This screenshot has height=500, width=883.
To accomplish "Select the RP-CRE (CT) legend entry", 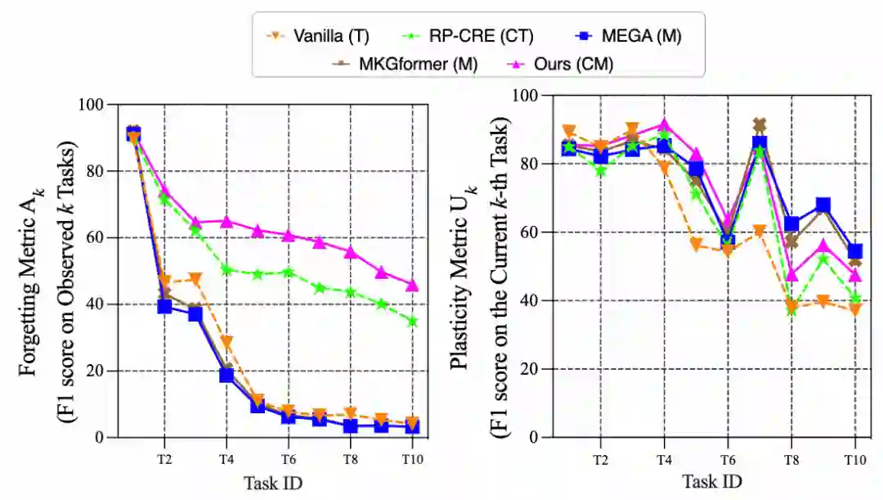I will coord(483,35).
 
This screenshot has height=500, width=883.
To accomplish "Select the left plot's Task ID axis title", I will coord(273,483).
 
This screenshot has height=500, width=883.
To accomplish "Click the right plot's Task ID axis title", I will coord(712,483).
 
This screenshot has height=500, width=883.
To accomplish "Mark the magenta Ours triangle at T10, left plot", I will coord(412,285).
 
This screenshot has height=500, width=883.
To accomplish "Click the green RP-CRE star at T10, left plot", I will coord(412,322).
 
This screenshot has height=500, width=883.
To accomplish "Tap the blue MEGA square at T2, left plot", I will coord(164,306).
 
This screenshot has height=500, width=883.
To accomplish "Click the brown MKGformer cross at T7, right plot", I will coord(759,125).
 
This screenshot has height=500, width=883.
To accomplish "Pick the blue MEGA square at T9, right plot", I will coord(822,205).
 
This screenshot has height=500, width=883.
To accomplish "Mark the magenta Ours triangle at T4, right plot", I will coord(664,124).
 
